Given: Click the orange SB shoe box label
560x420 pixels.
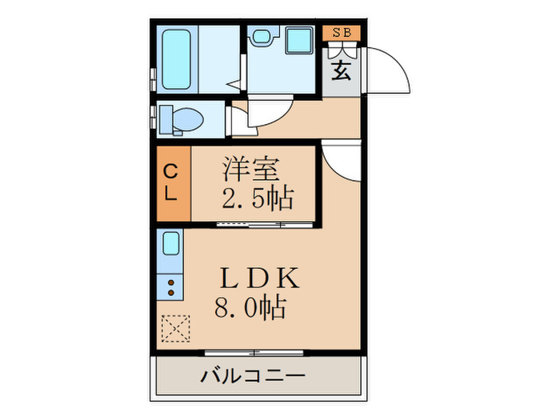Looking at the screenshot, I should pyautogui.click(x=342, y=33).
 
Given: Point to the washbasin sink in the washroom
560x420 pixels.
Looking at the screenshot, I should pyautogui.click(x=262, y=37).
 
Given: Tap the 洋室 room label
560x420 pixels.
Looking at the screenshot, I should pyautogui.click(x=250, y=170).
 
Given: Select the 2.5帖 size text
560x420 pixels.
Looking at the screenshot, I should pyautogui.click(x=258, y=196).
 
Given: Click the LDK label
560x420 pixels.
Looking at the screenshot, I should pyautogui.click(x=260, y=278).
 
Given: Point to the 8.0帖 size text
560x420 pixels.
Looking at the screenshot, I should pyautogui.click(x=250, y=306).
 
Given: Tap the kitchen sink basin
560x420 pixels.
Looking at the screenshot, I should pyautogui.click(x=171, y=242).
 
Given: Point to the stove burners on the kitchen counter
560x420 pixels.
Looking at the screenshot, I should pyautogui.click(x=171, y=286).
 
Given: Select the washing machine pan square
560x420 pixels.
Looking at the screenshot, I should pyautogui.click(x=299, y=42).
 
